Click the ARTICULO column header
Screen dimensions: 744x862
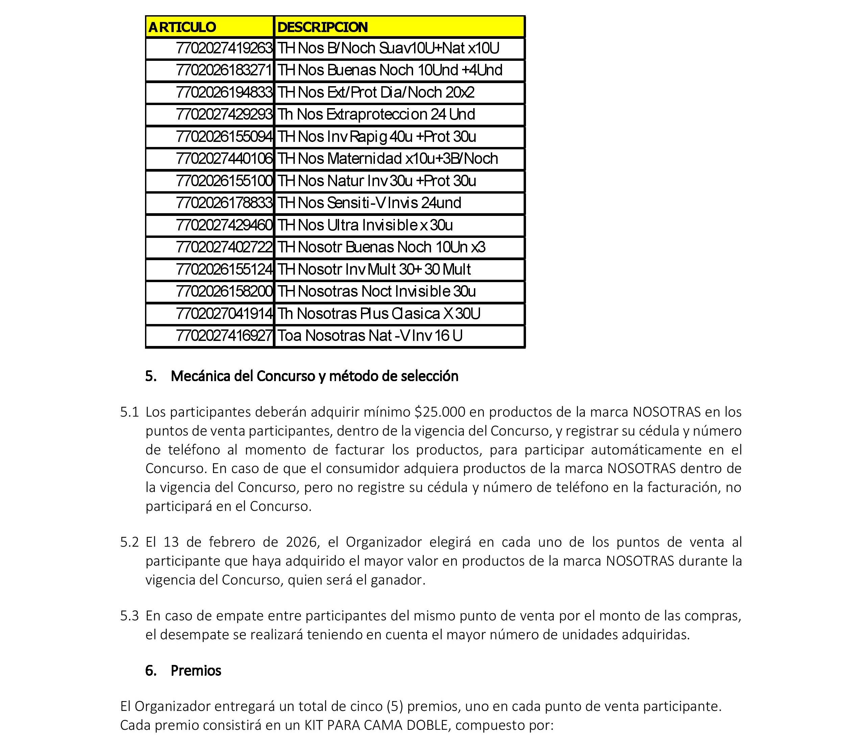click(x=182, y=27)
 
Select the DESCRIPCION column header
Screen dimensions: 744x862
click(x=322, y=27)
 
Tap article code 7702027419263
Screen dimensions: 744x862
click(x=224, y=49)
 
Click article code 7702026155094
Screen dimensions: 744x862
click(x=224, y=137)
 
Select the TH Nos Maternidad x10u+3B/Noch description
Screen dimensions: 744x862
click(x=387, y=159)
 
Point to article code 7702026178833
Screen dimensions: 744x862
click(x=224, y=203)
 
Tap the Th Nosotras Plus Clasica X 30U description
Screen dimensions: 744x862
click(x=379, y=314)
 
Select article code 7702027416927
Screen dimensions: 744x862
click(x=224, y=336)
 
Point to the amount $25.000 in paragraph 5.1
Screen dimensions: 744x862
click(x=440, y=412)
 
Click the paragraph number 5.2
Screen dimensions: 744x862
click(x=129, y=542)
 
